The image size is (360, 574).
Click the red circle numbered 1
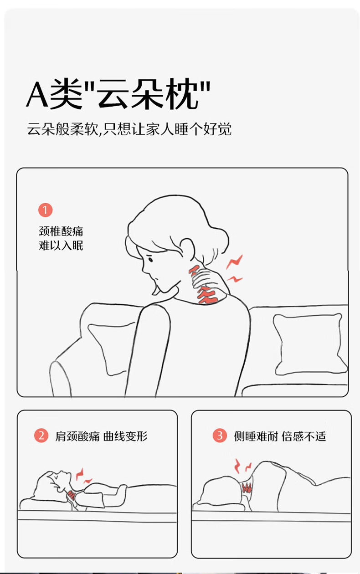pyautogui.click(x=46, y=210)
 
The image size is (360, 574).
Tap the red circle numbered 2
pyautogui.click(x=41, y=436)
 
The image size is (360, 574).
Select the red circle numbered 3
pyautogui.click(x=220, y=436)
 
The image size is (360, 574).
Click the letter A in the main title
pyautogui.click(x=37, y=94)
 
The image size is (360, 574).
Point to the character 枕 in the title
pyautogui.click(x=181, y=94)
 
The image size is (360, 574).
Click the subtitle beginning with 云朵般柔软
pyautogui.click(x=129, y=129)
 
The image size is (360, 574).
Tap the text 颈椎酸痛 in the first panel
pyautogui.click(x=61, y=231)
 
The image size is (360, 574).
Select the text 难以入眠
pyautogui.click(x=61, y=245)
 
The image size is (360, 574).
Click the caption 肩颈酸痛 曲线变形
pyautogui.click(x=101, y=436)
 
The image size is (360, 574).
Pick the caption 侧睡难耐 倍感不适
pyautogui.click(x=280, y=436)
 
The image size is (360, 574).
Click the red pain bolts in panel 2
pyautogui.click(x=83, y=477)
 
